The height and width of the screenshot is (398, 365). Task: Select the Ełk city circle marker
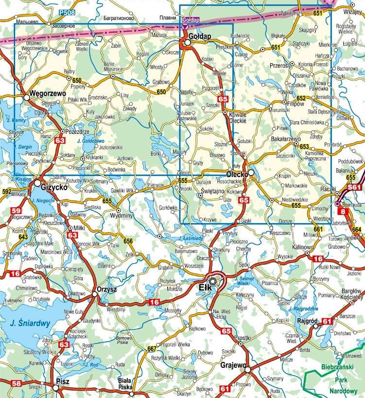coord(213,281)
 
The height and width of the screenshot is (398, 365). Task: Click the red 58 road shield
coord(17,384)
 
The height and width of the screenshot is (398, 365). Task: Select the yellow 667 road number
coord(152,348)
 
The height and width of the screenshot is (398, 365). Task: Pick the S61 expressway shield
coord(355,187)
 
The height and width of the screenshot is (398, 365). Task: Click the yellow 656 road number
coord(128,241)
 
